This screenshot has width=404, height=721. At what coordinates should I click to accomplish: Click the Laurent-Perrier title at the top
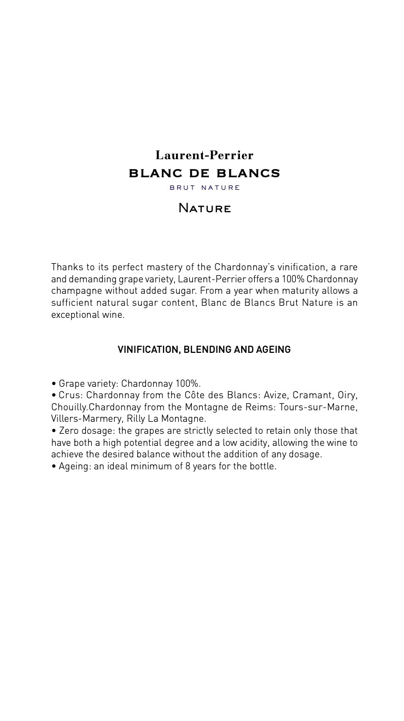coord(204,155)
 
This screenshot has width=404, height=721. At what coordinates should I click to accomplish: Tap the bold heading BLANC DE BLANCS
coord(204,173)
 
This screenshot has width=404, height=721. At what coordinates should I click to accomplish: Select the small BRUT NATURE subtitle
coord(204,188)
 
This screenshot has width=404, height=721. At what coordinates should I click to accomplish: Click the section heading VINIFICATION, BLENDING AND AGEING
coord(204,350)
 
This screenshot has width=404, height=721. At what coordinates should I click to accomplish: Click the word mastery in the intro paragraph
coord(163,267)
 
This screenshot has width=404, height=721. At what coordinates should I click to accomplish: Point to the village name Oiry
coord(347,395)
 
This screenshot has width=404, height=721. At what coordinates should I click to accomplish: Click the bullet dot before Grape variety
coord(54,383)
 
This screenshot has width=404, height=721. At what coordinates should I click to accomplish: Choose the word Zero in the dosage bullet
coord(69,431)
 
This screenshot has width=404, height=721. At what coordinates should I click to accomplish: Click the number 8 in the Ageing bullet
coord(188,467)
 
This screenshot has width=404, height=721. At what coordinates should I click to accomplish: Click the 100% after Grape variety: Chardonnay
coord(188,383)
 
